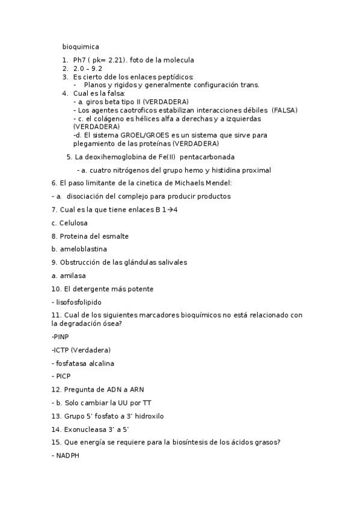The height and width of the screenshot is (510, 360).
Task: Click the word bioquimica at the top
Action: pyautogui.click(x=81, y=46)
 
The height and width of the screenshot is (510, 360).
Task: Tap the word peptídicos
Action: pyautogui.click(x=174, y=77)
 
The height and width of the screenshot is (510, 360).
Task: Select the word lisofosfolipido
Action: pyautogui.click(x=79, y=302)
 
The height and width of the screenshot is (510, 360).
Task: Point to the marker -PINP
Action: pyautogui.click(x=61, y=337)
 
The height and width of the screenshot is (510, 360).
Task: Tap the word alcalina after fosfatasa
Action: pyautogui.click(x=99, y=363)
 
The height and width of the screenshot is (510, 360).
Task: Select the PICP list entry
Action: pyautogui.click(x=63, y=376)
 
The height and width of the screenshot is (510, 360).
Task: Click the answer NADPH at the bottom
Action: pyautogui.click(x=67, y=456)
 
